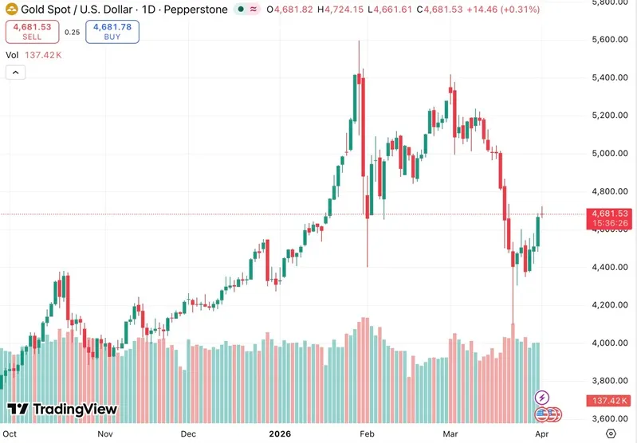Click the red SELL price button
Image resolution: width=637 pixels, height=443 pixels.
[31, 32]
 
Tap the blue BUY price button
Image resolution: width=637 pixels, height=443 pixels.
[112, 32]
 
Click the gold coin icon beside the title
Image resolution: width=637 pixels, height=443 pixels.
[11, 10]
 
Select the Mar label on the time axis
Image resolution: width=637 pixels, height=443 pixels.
[450, 435]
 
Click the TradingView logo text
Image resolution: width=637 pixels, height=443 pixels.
[76, 410]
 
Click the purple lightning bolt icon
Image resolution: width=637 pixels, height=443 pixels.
[541, 396]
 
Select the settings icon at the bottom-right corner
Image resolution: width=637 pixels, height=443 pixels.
[611, 434]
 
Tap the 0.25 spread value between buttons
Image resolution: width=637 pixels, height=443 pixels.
[72, 33]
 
